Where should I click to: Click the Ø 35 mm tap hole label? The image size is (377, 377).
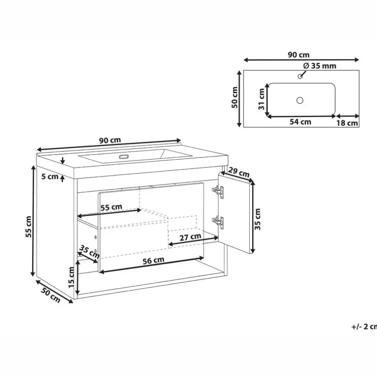(320, 66)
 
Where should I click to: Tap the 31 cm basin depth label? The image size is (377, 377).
(261, 99)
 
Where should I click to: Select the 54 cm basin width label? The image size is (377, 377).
(300, 122)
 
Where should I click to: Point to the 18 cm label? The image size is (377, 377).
(347, 123)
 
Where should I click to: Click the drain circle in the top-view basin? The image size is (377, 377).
(300, 100)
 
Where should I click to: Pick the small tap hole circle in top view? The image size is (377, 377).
(300, 76)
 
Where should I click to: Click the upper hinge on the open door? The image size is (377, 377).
(217, 191)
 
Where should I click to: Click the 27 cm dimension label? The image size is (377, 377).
(191, 237)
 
